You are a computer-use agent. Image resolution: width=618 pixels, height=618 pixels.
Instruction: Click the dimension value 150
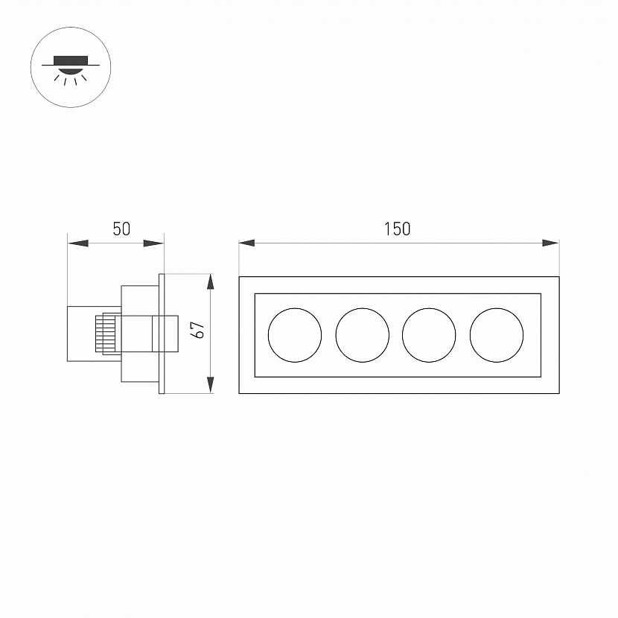398,229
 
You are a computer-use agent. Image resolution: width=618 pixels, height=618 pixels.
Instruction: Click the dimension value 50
121,229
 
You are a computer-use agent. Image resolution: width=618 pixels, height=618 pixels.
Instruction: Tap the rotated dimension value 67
198,330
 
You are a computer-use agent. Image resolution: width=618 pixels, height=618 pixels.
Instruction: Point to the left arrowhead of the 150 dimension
246,243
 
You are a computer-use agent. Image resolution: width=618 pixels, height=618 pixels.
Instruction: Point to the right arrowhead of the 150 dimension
551,243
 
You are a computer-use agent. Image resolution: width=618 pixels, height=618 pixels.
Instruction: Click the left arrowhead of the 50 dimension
77,243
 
